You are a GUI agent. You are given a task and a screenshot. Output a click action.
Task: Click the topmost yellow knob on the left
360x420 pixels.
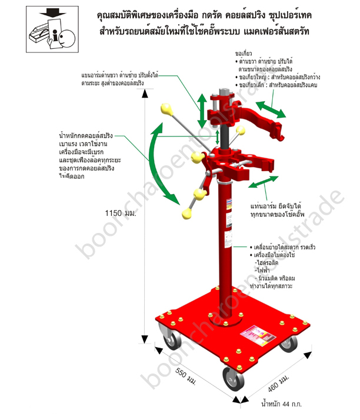coord(165,109)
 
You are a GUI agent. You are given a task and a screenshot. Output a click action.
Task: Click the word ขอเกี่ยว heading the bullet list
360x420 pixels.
coord(245,52)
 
